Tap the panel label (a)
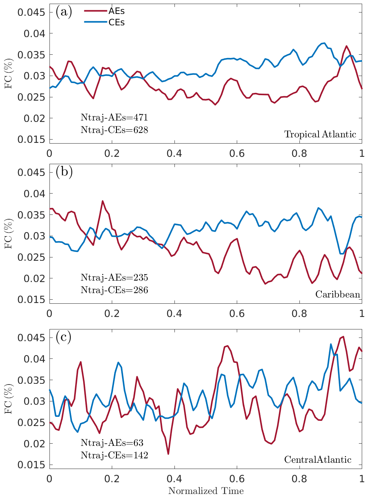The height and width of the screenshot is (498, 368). tap(64, 12)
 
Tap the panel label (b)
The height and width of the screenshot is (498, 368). tap(64, 172)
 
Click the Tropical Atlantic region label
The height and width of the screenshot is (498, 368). tap(320, 134)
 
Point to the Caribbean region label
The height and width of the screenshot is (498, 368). tap(338, 295)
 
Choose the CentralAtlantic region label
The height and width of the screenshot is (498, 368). tap(318, 460)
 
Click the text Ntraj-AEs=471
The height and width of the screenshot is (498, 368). tap(114, 118)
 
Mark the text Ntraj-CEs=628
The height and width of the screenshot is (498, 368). tap(114, 130)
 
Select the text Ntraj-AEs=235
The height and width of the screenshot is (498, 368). tap(114, 278)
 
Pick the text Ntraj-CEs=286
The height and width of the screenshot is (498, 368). tap(114, 290)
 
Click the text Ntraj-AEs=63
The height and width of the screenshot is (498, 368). tap(112, 443)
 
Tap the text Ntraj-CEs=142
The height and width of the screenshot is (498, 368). tap(114, 455)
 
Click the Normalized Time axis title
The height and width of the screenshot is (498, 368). tap(206, 491)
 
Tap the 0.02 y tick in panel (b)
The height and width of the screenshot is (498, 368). tap(34, 278)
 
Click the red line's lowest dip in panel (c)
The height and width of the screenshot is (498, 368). tap(168, 454)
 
